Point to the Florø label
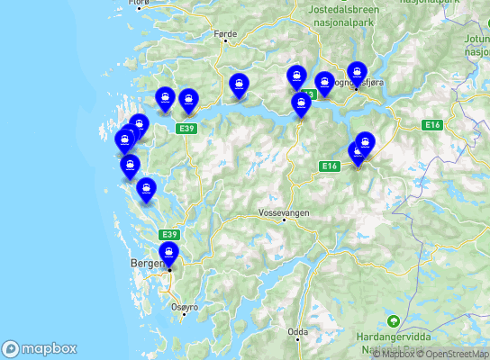(139, 4)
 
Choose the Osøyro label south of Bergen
(183, 307)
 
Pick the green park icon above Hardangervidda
(393, 320)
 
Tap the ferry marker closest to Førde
(239, 85)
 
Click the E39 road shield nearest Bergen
(170, 234)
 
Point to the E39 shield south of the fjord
(186, 129)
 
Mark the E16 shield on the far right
(432, 125)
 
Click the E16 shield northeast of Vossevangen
(328, 166)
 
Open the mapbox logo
(40, 348)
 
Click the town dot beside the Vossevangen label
(284, 220)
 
